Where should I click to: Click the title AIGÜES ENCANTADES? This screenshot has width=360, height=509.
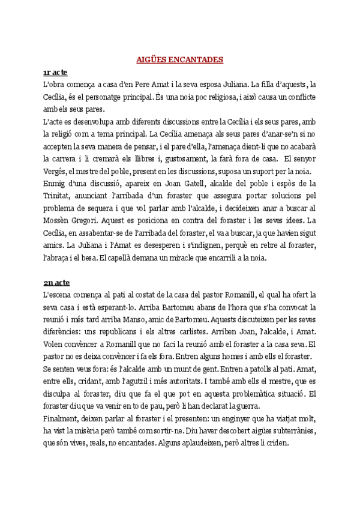[180, 59]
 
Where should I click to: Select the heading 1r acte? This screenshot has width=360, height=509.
[55, 73]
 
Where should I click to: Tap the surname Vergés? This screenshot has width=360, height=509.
[57, 172]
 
